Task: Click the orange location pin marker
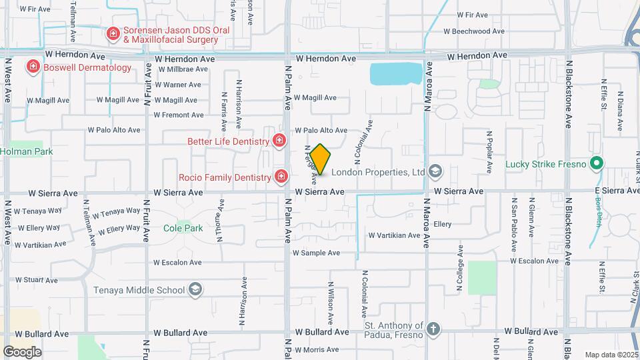[321, 159]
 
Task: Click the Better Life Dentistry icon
[279, 141]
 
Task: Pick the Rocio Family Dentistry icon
[281, 177]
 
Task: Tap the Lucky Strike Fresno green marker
[598, 164]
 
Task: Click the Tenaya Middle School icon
[195, 290]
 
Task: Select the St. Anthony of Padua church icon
[433, 328]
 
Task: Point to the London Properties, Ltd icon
[435, 172]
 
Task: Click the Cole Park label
[183, 228]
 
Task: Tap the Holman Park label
[26, 152]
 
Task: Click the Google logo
[22, 351]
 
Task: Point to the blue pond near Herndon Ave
[396, 73]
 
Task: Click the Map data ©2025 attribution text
[611, 355]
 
